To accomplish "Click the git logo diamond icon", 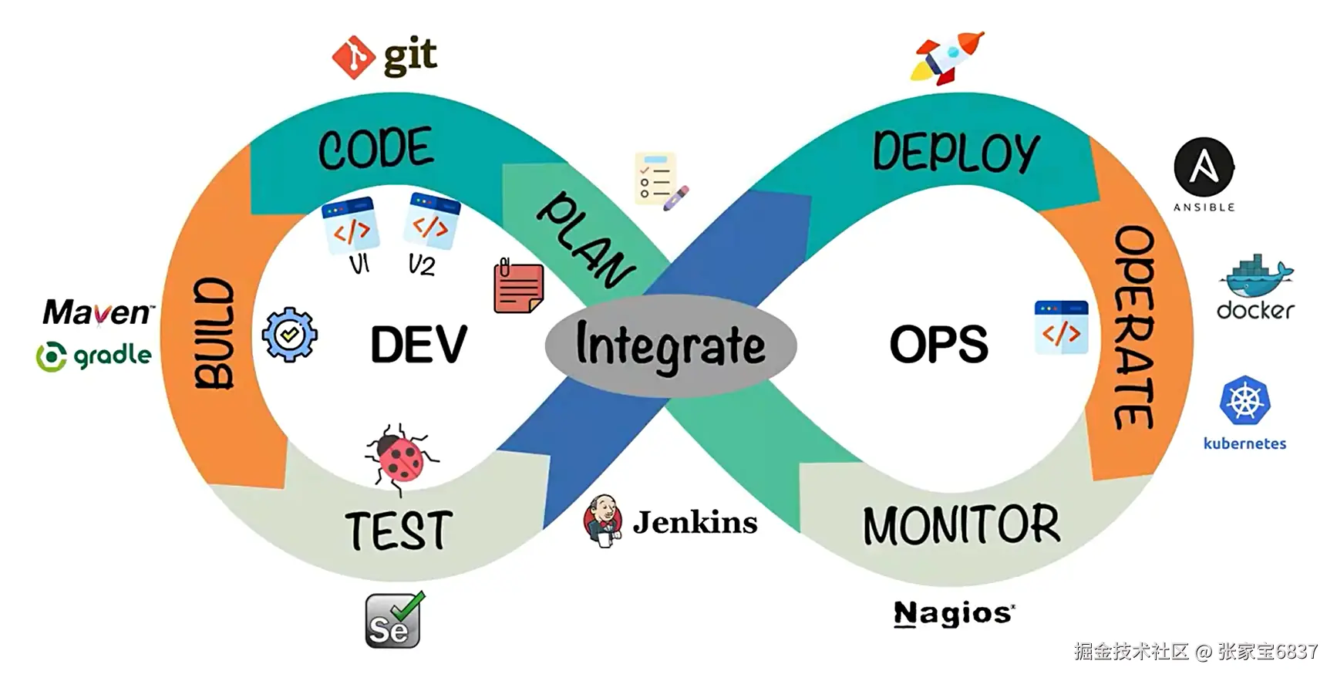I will click(353, 57).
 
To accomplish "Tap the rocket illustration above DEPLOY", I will click(948, 57).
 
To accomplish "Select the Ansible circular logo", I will click(1204, 167).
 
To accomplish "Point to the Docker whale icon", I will click(1255, 276).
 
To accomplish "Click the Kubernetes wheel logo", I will click(1244, 401).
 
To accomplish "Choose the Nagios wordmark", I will click(954, 614).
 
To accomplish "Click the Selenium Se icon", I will click(394, 621).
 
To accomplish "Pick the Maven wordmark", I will click(97, 312).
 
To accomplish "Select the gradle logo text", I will click(112, 356).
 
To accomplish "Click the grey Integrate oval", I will click(670, 345).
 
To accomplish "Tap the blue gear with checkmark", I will click(289, 335).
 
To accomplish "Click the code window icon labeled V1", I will click(351, 226).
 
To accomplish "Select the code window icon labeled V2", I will click(431, 221).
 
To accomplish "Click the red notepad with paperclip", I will click(518, 287).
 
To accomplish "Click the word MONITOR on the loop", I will click(961, 525).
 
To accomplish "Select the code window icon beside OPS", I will click(1061, 328).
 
